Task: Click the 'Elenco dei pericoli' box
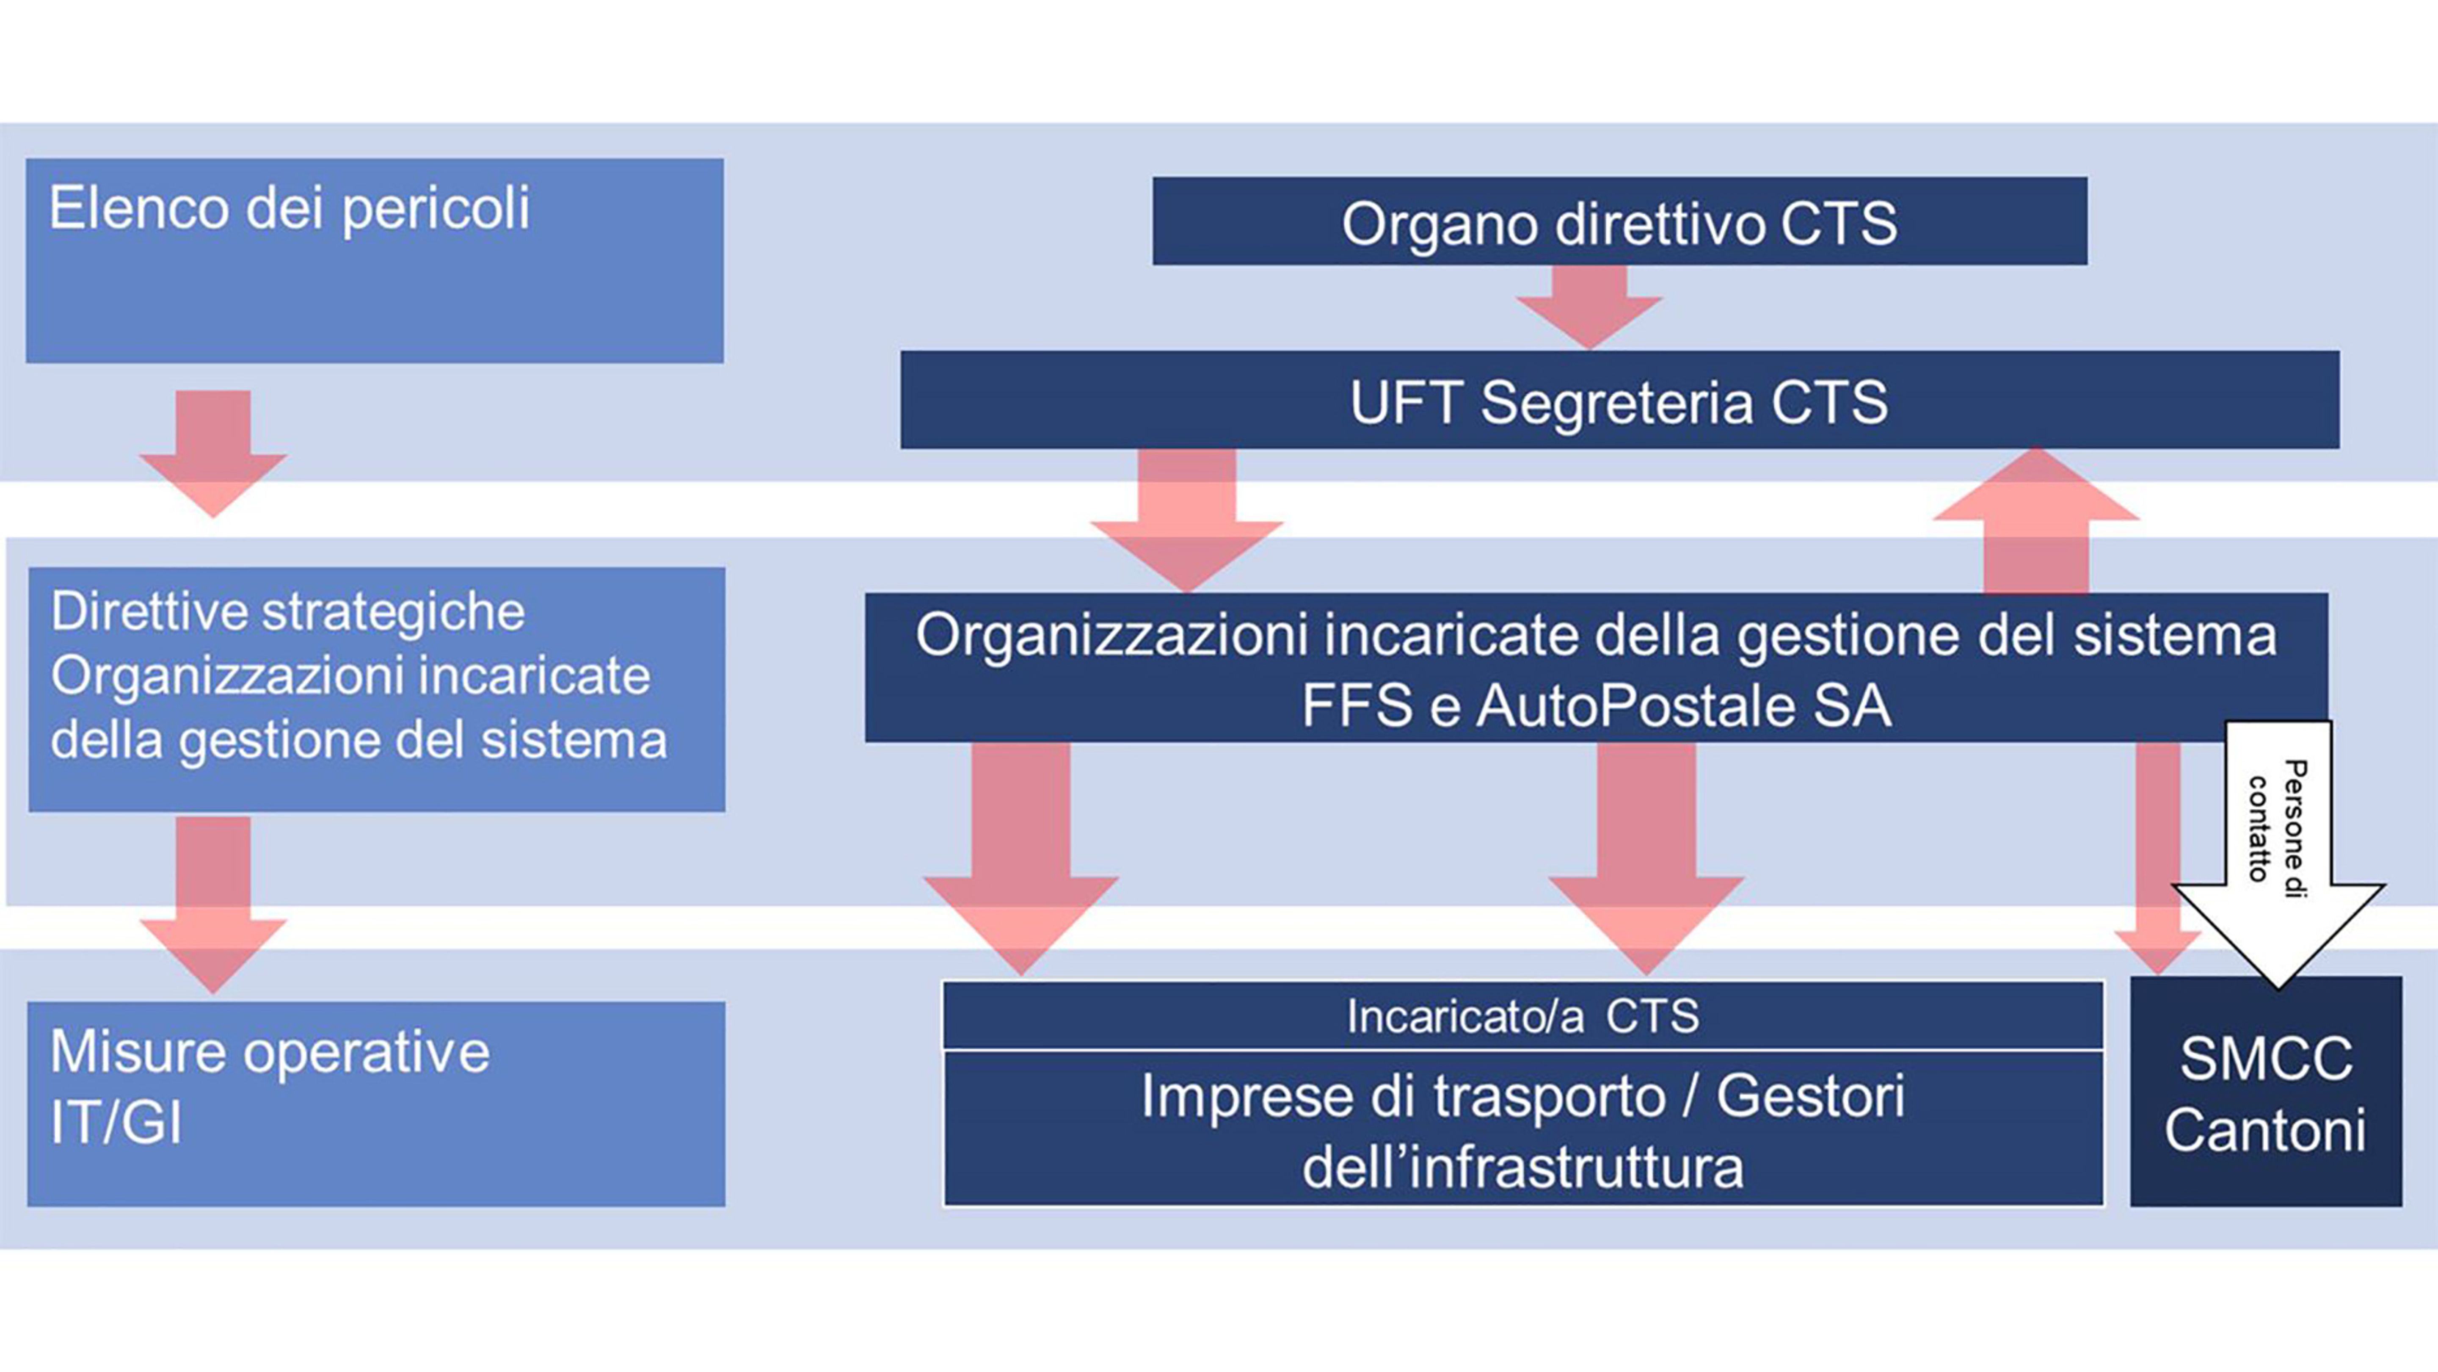(375, 260)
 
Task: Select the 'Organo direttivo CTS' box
(1619, 221)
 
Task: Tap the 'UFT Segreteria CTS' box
(1619, 400)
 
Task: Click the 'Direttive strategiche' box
(377, 689)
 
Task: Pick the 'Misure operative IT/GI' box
(377, 1104)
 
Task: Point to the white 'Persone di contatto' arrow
(2278, 852)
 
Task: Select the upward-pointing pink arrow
(2036, 521)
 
